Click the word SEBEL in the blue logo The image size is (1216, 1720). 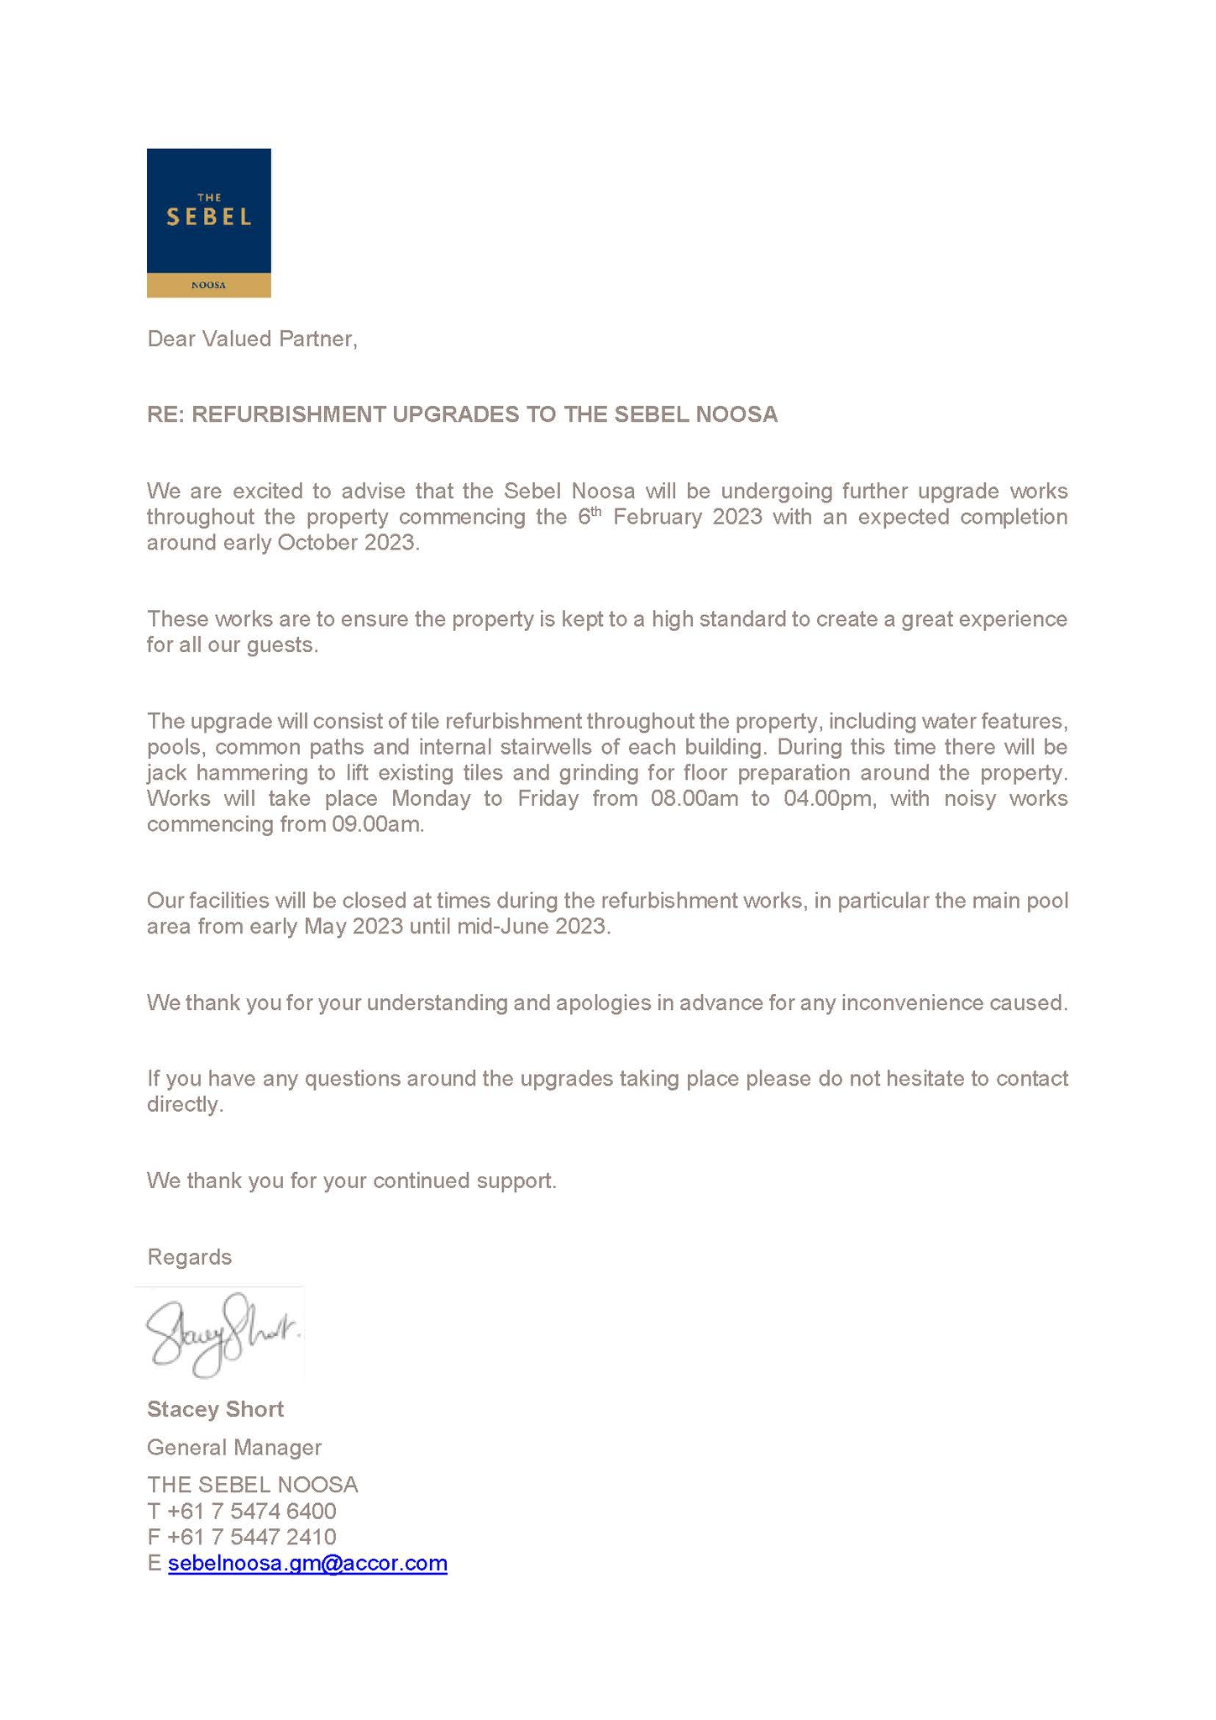click(x=208, y=217)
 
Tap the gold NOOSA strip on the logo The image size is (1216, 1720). click(x=208, y=285)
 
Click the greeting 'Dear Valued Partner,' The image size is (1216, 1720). click(x=252, y=339)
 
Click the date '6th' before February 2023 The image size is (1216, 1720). click(x=590, y=516)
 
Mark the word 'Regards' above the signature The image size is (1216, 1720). click(x=189, y=1257)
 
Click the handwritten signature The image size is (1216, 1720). click(x=220, y=1334)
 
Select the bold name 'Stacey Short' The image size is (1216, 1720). click(x=215, y=1409)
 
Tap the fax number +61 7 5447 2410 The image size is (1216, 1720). click(x=251, y=1537)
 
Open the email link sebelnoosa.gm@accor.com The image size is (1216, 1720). click(x=307, y=1563)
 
